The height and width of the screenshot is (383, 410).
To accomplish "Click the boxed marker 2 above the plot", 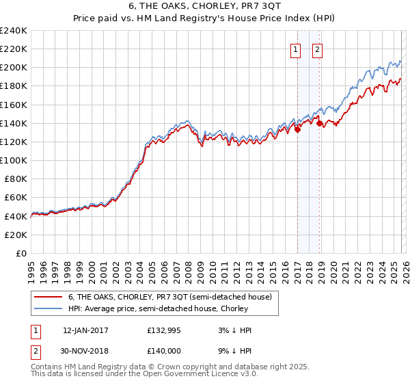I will click(x=318, y=49).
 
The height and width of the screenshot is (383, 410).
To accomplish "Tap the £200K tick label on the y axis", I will click(x=14, y=68).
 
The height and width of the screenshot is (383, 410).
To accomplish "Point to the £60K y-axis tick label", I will click(x=16, y=198).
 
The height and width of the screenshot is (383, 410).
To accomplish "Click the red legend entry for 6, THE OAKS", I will click(x=169, y=297).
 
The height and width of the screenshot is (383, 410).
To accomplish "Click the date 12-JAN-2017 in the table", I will click(x=85, y=330).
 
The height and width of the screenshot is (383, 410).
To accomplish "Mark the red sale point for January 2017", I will click(x=297, y=130).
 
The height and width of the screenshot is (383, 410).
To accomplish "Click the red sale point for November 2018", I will click(x=320, y=124).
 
